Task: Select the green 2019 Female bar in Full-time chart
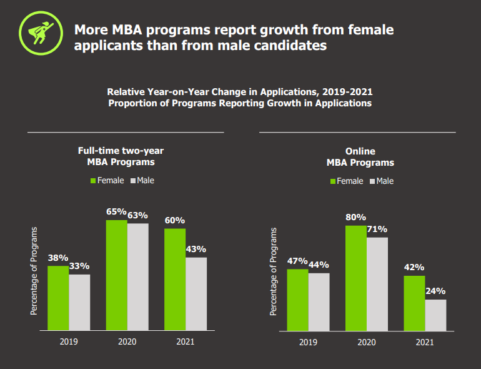pos(58,298)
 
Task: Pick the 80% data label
pos(355,218)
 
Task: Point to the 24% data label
pos(435,291)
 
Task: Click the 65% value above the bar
pos(116,211)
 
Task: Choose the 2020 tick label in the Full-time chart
pos(126,341)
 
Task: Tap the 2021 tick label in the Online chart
pos(425,342)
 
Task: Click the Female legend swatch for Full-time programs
pos(93,181)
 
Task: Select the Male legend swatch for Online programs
pos(372,181)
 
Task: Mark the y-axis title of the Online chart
pos(273,271)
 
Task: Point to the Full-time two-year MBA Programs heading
pos(121,156)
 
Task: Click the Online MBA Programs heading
pos(360,157)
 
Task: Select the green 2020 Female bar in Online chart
pos(356,278)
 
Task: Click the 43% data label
pos(196,249)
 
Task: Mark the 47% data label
pos(297,261)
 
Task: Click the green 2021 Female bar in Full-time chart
pos(175,279)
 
